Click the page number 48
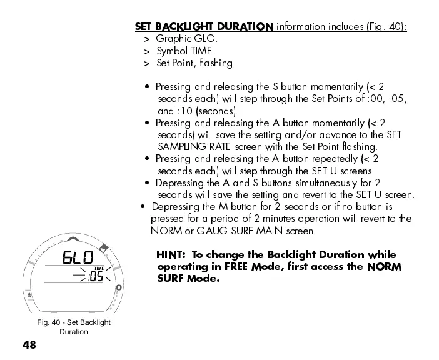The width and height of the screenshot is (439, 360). (29, 345)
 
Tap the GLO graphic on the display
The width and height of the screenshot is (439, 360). (78, 258)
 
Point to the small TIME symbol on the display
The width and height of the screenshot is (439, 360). (98, 268)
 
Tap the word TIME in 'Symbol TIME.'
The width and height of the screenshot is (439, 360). (201, 51)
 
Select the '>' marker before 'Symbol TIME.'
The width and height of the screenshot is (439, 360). (146, 51)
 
